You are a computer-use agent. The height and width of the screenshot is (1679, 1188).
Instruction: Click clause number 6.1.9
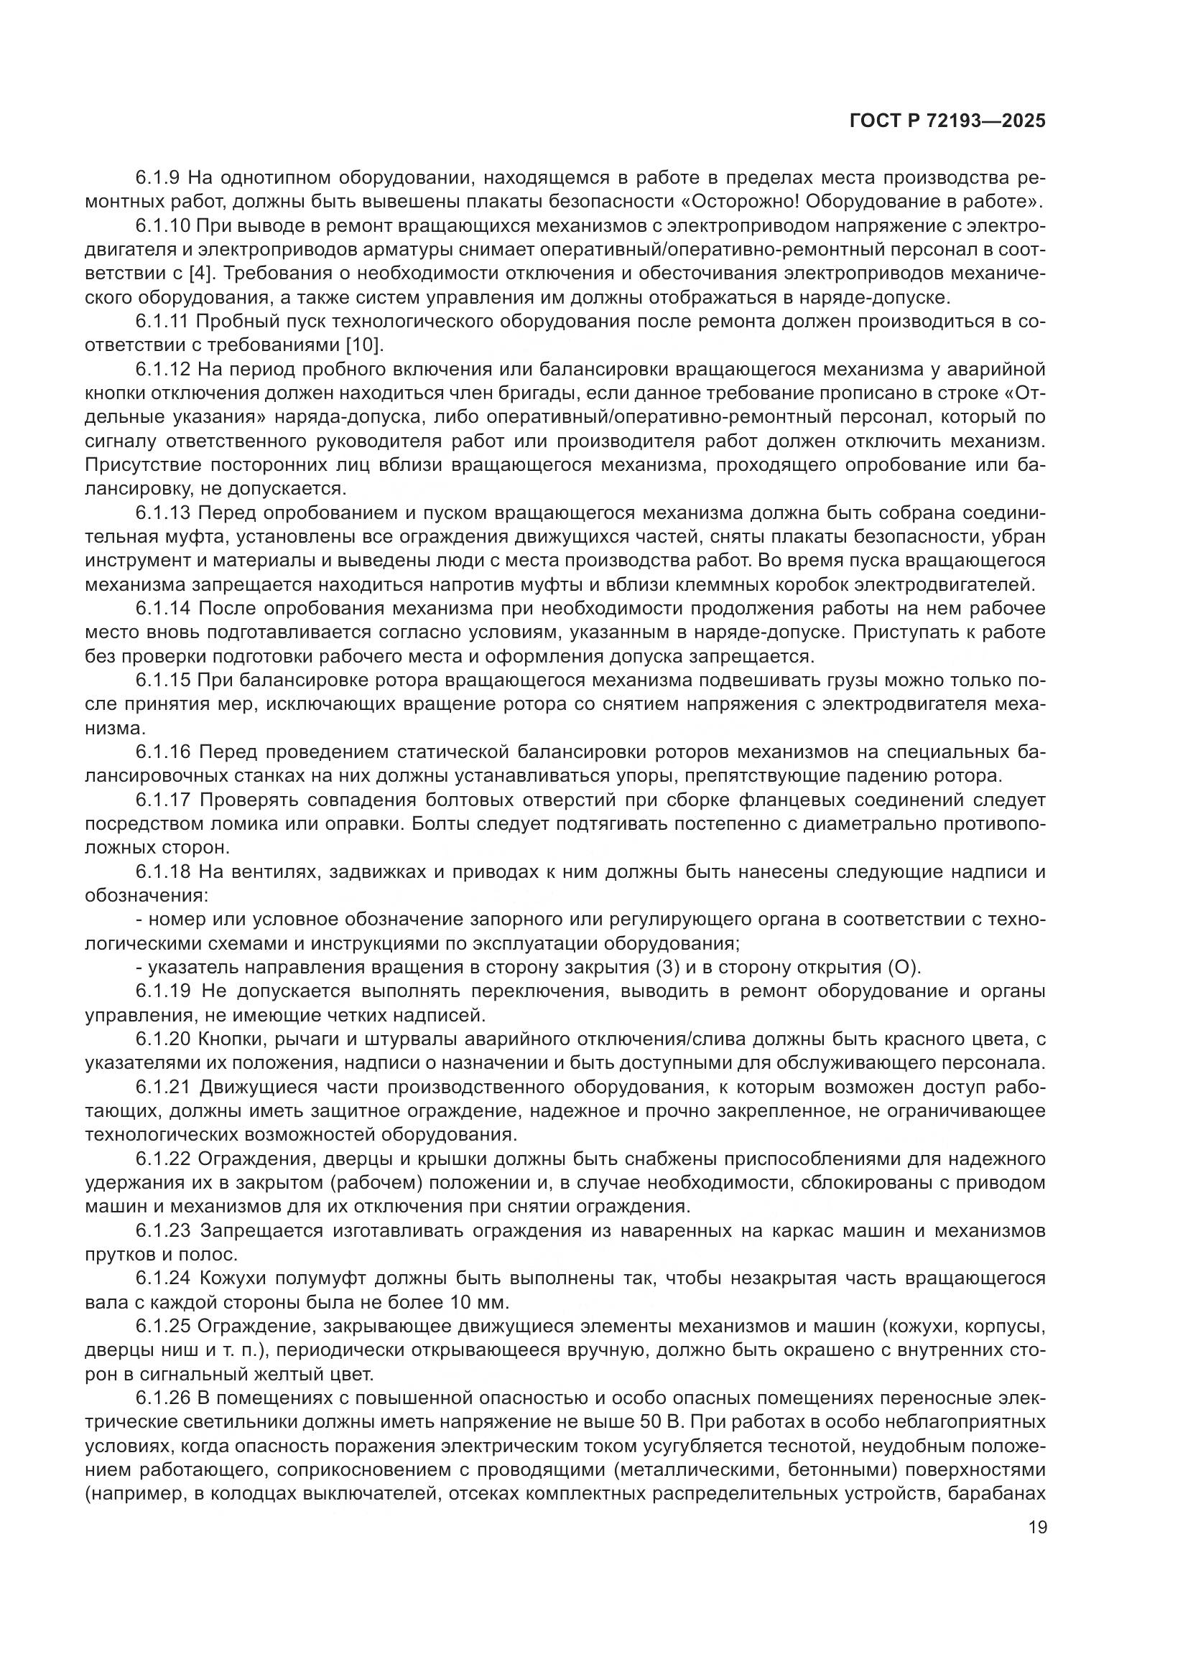click(158, 178)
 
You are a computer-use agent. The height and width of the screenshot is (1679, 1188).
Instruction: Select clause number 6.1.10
click(163, 226)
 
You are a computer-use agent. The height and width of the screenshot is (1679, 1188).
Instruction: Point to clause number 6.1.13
click(163, 513)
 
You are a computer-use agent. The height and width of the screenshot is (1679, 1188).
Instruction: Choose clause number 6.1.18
click(163, 871)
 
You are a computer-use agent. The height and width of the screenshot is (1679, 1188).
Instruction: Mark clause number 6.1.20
click(163, 1039)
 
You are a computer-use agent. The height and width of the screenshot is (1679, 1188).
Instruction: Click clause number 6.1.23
click(163, 1231)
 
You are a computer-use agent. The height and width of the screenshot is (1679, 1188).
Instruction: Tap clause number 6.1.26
click(163, 1398)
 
